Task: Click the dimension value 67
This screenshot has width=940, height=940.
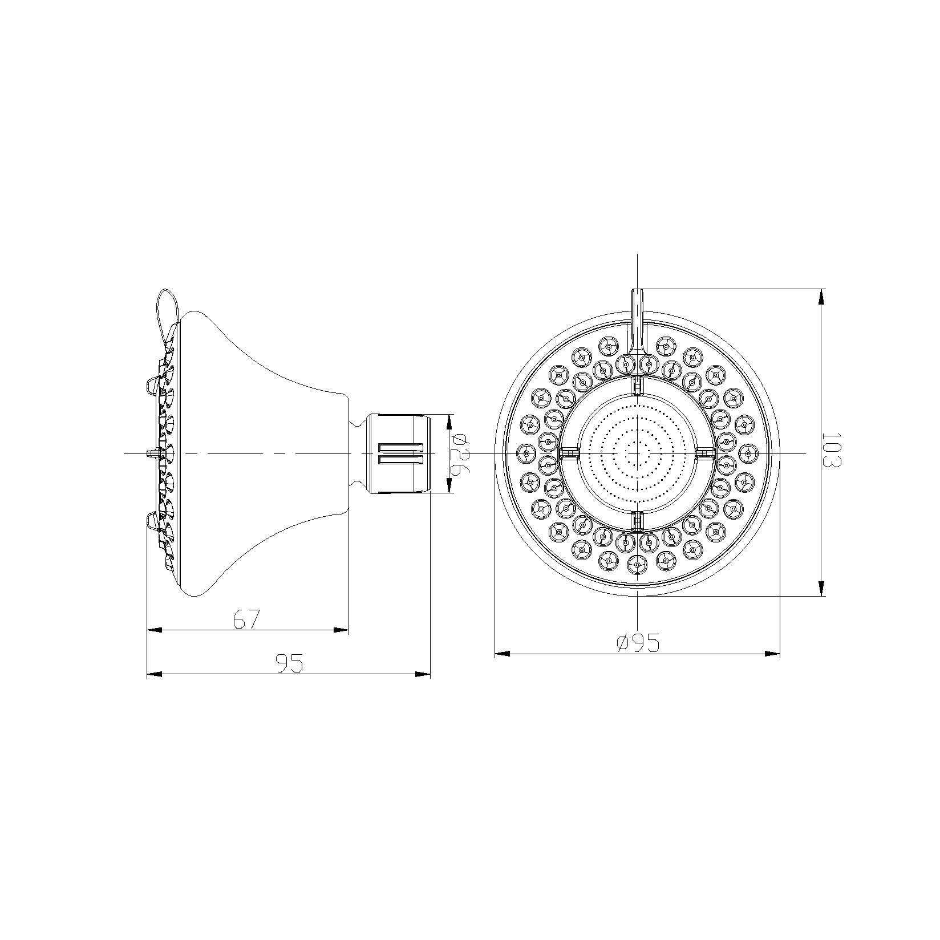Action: point(247,619)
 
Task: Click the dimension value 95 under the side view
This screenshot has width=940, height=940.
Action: point(289,663)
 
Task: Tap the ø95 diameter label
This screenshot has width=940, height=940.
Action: point(638,643)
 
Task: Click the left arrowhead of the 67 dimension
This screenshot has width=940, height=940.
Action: point(155,630)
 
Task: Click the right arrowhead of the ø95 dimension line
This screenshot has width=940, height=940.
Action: point(772,654)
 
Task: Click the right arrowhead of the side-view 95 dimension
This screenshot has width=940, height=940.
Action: point(423,674)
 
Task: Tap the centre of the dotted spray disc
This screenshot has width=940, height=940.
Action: point(637,453)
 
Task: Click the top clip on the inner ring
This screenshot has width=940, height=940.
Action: point(637,385)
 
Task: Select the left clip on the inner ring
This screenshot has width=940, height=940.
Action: point(569,453)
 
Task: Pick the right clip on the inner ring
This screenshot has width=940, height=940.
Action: point(706,453)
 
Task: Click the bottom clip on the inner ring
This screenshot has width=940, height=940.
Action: point(637,521)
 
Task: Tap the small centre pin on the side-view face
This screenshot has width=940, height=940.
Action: point(151,453)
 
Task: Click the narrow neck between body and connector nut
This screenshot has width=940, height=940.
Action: point(357,453)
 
